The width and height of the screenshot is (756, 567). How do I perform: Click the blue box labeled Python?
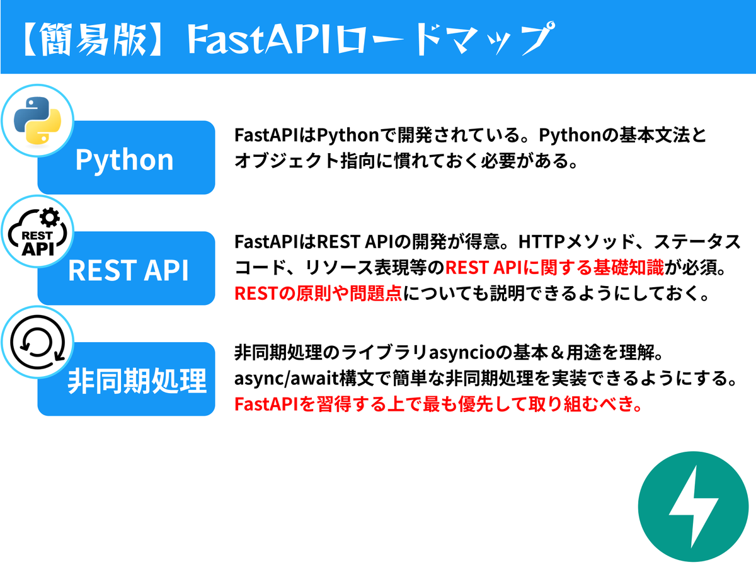pyautogui.click(x=126, y=159)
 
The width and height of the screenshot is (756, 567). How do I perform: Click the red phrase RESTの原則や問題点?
pyautogui.click(x=318, y=293)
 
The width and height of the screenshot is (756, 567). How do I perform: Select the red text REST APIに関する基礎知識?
pyautogui.click(x=554, y=267)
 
